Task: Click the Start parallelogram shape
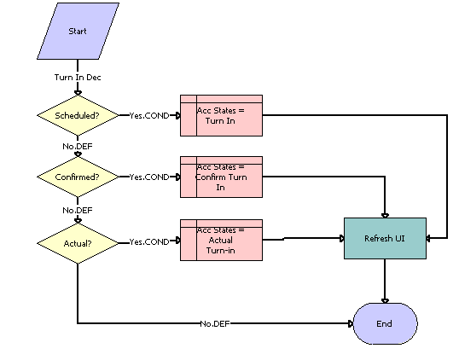tap(78, 32)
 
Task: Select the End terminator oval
tap(385, 324)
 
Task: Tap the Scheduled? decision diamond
tap(78, 114)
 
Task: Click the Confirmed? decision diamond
tap(78, 177)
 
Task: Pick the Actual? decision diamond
tap(78, 242)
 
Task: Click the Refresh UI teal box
tap(385, 238)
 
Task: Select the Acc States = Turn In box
tap(221, 115)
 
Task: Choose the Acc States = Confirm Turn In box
tap(221, 177)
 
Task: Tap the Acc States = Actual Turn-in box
tap(221, 240)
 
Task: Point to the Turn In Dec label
tap(78, 78)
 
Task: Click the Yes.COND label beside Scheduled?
tap(148, 115)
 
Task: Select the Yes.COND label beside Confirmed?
tap(148, 177)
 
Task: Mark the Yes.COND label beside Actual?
tap(148, 242)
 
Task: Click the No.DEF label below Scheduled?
tap(78, 146)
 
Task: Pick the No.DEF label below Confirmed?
tap(78, 209)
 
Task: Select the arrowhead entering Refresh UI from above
tap(385, 215)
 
